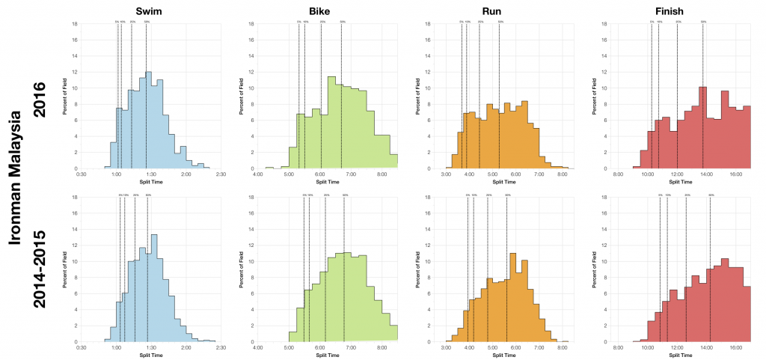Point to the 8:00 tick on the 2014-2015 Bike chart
[x=382, y=348]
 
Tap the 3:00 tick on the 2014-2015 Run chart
[x=446, y=348]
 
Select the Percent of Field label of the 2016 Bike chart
[x=242, y=96]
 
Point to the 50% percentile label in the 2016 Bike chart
[x=342, y=22]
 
